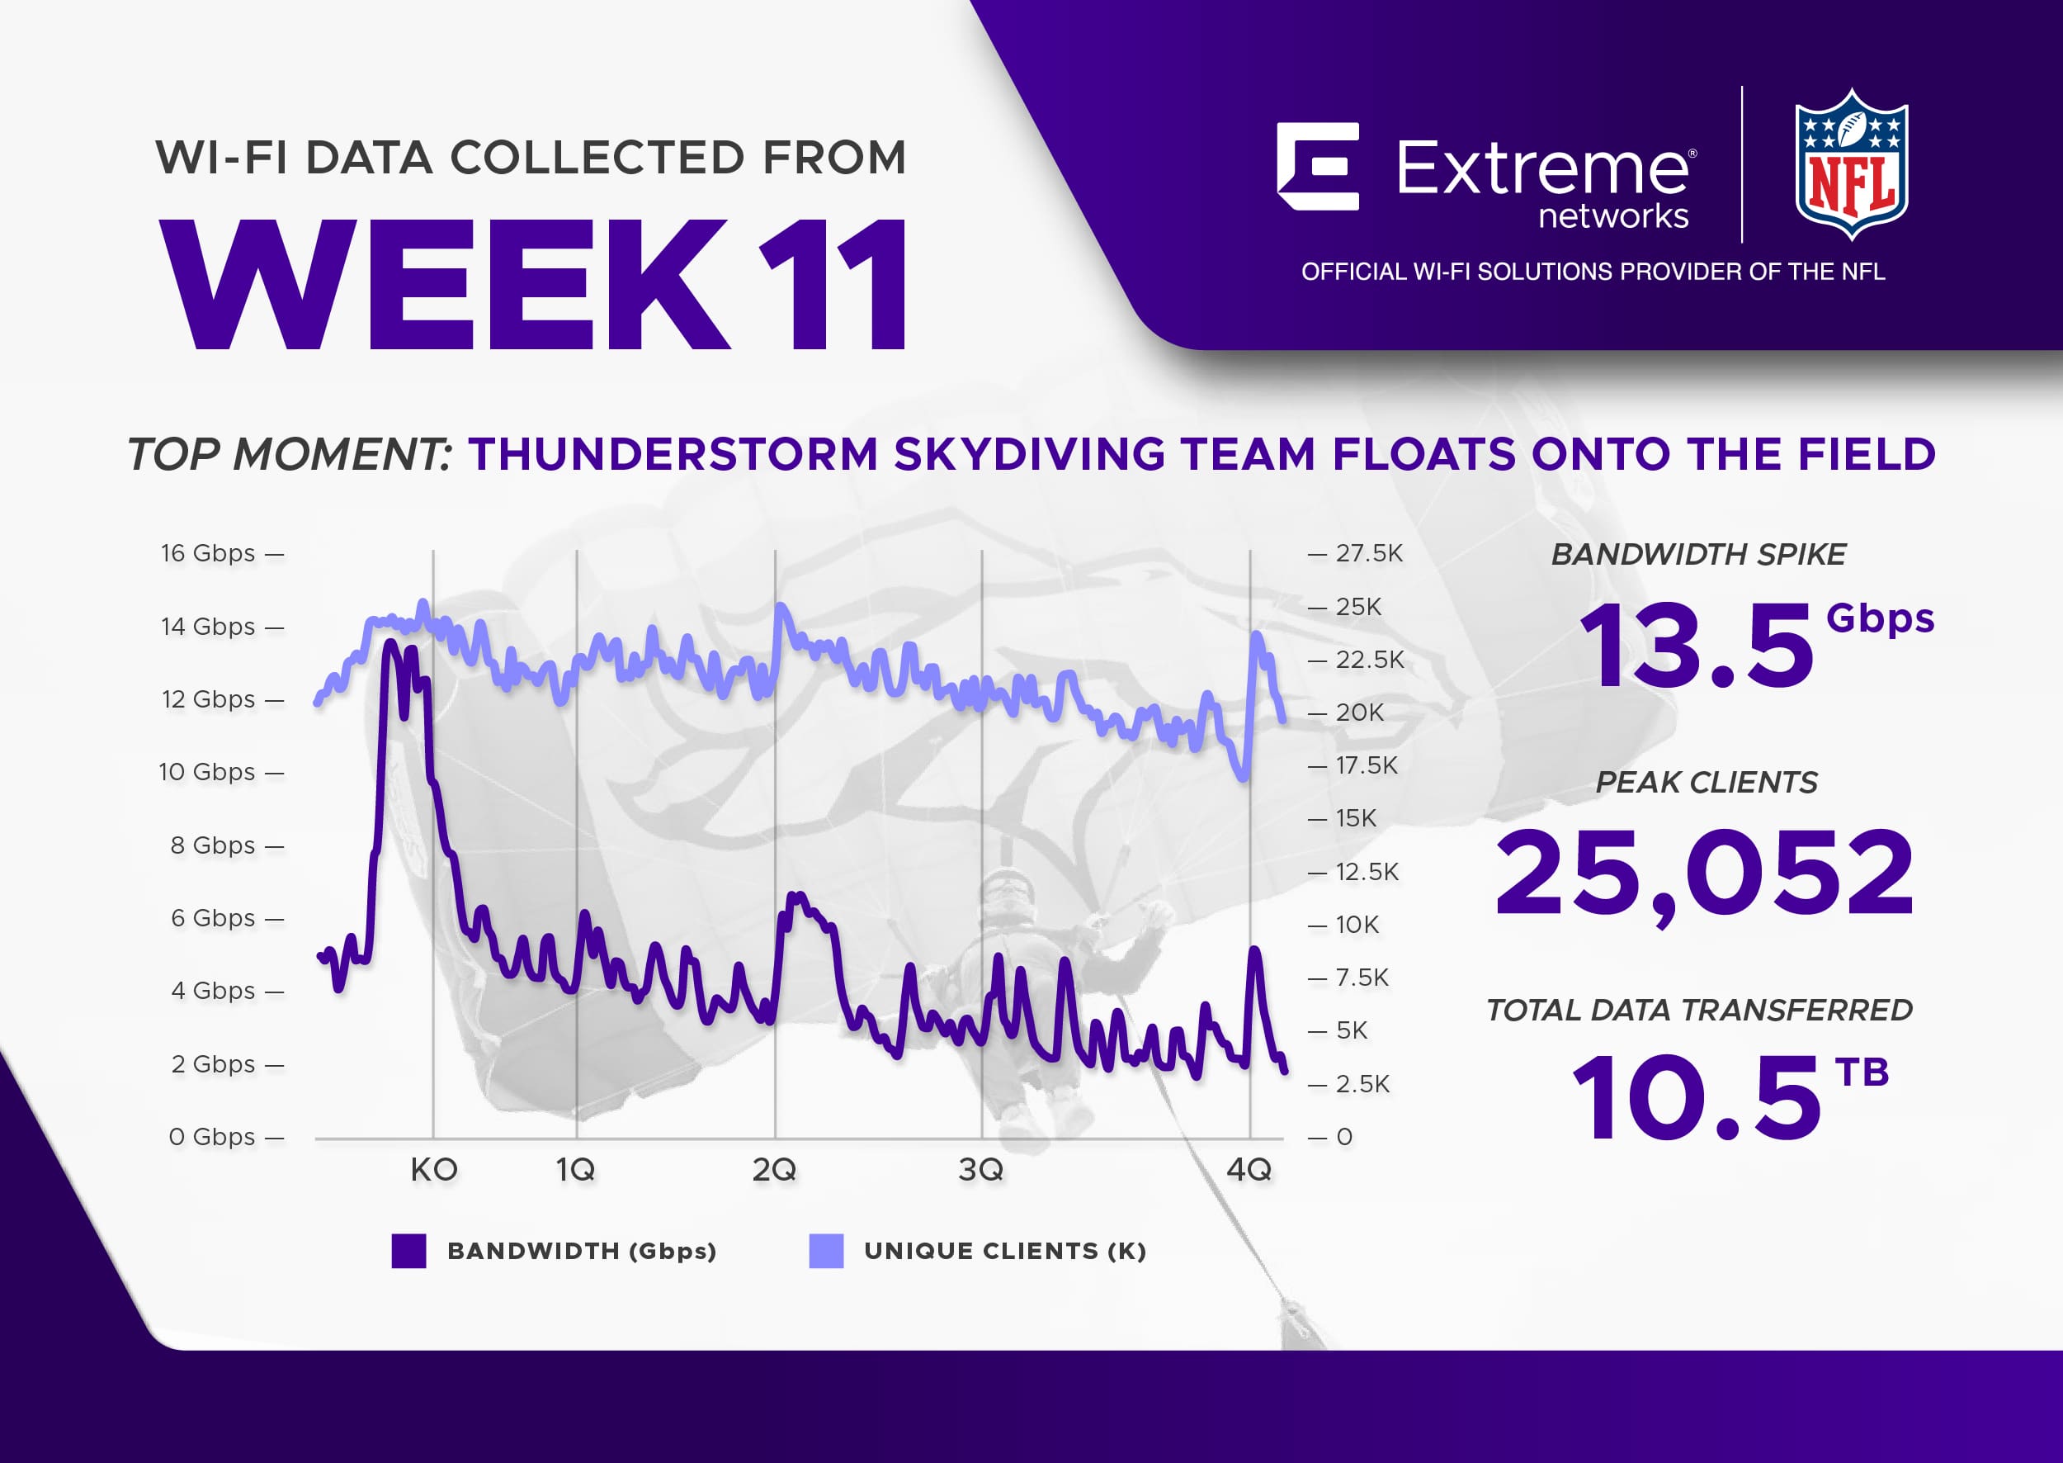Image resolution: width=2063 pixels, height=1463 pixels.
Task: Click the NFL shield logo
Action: (1852, 164)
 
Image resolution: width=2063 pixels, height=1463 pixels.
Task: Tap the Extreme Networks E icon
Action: (1317, 167)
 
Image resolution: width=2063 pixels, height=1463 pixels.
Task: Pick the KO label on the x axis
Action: (434, 1170)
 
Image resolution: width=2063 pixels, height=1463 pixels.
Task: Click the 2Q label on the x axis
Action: (774, 1170)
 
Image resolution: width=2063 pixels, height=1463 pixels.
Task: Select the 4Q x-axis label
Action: (1249, 1170)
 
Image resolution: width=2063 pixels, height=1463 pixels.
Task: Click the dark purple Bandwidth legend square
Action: (408, 1252)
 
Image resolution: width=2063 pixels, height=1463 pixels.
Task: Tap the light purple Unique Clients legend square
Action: (826, 1252)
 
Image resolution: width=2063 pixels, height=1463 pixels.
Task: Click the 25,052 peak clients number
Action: (1704, 874)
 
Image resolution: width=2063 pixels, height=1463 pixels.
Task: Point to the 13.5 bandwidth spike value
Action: (1697, 646)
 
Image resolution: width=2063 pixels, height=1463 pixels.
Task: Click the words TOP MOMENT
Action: (289, 454)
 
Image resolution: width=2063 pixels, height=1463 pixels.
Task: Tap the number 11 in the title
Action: (833, 284)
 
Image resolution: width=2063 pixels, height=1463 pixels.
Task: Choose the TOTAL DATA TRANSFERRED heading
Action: (1699, 1011)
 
